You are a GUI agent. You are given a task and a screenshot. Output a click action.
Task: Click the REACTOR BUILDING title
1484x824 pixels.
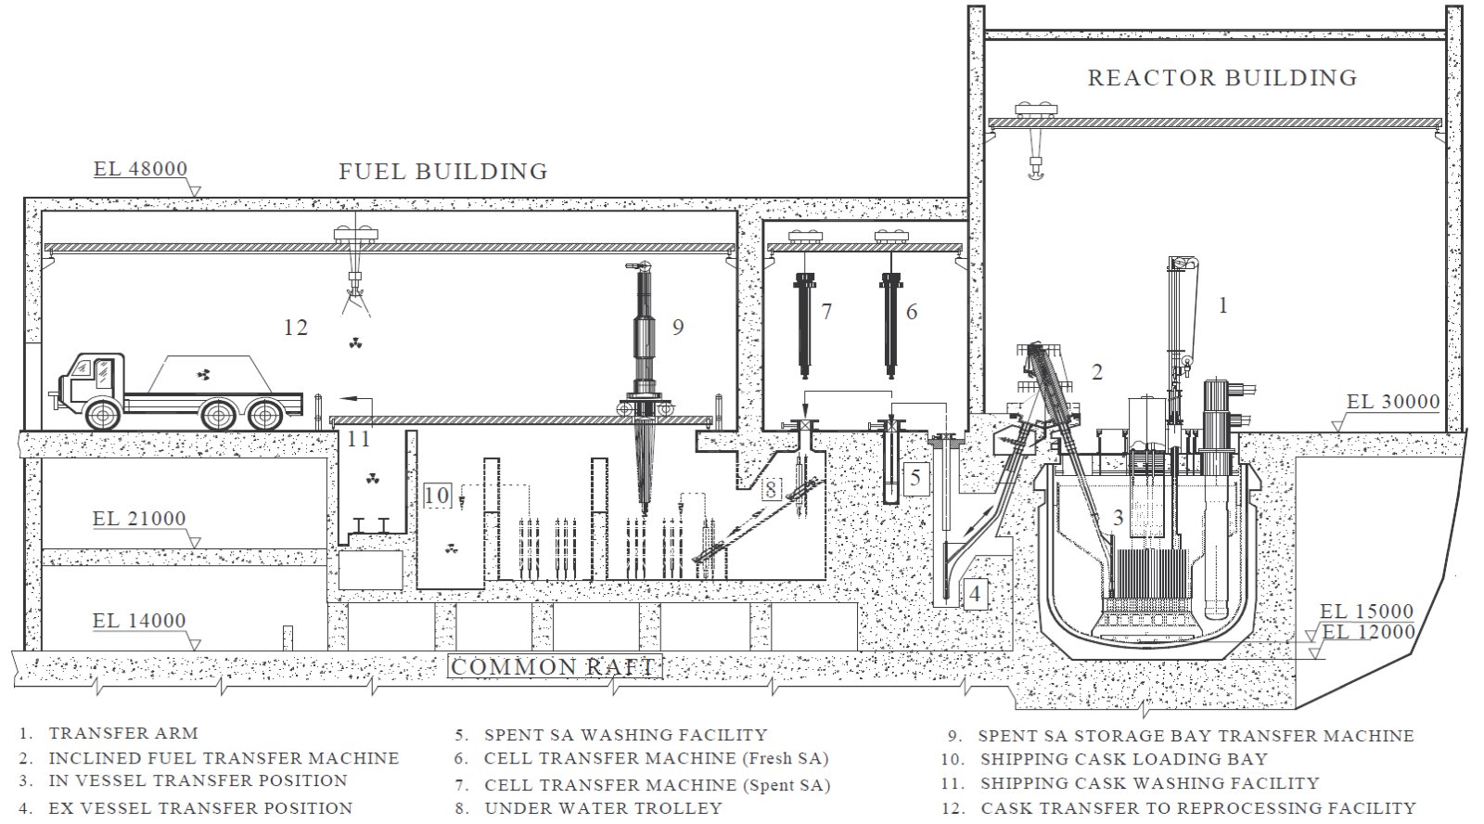(x=1222, y=78)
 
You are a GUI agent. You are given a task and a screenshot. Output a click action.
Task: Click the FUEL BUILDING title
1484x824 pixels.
(x=443, y=172)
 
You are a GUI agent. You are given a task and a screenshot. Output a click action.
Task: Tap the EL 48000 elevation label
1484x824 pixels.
(x=140, y=169)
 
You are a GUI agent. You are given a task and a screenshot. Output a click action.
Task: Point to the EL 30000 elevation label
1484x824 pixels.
(x=1393, y=402)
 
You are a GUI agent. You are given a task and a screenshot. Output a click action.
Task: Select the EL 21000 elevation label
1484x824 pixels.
(x=139, y=519)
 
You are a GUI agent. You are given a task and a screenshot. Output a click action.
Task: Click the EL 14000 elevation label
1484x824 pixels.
(x=139, y=621)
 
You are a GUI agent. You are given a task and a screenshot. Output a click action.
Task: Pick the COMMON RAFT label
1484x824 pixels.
(x=554, y=666)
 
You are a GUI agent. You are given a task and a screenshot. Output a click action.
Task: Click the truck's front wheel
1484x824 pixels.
(x=103, y=415)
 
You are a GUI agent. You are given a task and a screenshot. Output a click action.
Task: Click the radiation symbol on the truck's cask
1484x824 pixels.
(x=203, y=375)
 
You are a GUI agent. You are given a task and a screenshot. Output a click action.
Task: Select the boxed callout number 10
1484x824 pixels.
(x=437, y=496)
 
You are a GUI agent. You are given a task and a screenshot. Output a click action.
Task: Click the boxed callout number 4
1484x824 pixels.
(x=975, y=594)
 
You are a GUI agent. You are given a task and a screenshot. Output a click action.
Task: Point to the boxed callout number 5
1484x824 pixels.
(x=915, y=478)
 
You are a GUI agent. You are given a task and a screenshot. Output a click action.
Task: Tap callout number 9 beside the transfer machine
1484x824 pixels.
(x=678, y=327)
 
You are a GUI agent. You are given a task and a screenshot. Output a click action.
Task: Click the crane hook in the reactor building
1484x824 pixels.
(x=1035, y=169)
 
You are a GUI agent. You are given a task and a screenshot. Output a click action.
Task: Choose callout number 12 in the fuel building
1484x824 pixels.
(x=296, y=328)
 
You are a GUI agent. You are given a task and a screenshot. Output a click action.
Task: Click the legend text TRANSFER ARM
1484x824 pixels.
(x=123, y=733)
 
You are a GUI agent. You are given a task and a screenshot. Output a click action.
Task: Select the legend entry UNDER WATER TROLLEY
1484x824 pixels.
(x=603, y=808)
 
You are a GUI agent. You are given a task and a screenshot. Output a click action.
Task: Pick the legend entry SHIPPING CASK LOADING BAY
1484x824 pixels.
(x=1124, y=759)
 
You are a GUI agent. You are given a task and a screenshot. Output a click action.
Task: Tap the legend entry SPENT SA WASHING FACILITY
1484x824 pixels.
(x=626, y=735)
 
